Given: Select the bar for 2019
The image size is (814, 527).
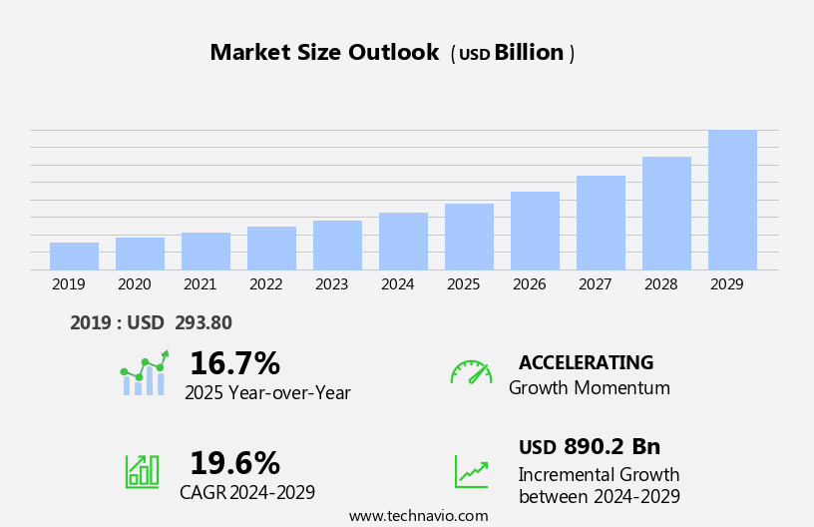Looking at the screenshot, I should [74, 257].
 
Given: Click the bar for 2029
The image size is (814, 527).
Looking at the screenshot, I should [732, 200].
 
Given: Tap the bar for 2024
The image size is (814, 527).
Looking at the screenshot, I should [403, 242].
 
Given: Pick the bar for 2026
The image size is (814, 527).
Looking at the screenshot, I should [535, 231].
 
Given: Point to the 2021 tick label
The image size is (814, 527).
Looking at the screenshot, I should [200, 284].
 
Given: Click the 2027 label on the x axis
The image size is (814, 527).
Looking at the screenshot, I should [595, 284].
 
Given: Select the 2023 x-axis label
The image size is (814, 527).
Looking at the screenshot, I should [331, 284].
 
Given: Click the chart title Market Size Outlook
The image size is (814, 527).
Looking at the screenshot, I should [324, 53].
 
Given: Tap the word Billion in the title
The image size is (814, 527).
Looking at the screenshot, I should [529, 53].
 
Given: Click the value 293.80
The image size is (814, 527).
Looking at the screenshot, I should [203, 323].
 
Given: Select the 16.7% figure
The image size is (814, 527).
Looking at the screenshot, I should [234, 363].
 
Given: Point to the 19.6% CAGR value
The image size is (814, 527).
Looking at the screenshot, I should [234, 463].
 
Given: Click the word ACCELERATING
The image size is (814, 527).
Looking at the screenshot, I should [586, 362].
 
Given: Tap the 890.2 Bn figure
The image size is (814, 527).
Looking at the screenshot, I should [611, 447].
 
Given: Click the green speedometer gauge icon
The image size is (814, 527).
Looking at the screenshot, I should [471, 372].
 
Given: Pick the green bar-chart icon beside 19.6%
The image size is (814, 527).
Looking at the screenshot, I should [142, 470].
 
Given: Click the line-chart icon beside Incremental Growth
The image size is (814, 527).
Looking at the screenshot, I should [471, 470].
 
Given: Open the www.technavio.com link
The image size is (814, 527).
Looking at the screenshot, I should [418, 516].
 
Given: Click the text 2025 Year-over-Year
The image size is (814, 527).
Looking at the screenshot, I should [267, 393].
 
